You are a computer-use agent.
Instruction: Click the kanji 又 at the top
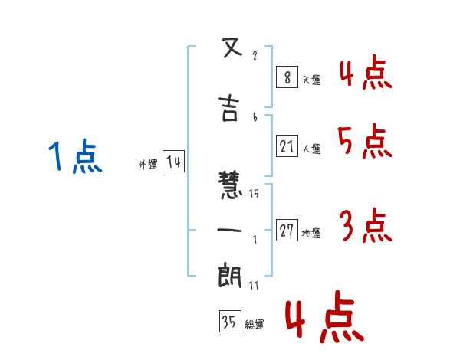232,47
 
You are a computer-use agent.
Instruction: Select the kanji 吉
228,108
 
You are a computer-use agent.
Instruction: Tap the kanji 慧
230,185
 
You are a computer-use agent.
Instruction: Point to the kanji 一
229,230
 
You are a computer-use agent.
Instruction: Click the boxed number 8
287,77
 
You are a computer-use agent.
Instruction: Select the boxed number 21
287,146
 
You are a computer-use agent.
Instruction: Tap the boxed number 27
287,230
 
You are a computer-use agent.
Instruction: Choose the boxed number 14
173,162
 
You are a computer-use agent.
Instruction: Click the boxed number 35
230,321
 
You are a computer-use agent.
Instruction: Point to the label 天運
312,80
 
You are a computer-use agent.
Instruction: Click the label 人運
312,149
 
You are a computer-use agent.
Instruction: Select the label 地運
311,233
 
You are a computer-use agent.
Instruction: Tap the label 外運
148,164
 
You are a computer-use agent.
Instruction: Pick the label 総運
255,324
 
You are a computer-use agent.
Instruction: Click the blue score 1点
75,155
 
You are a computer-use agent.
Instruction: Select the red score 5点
365,141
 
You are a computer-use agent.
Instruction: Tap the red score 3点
366,225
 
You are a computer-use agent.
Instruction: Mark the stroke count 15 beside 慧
254,193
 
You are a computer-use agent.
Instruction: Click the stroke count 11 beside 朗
254,285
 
